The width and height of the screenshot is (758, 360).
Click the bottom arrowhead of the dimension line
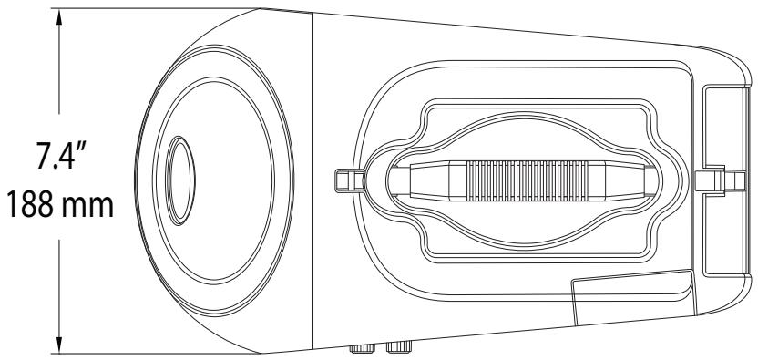61,343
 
